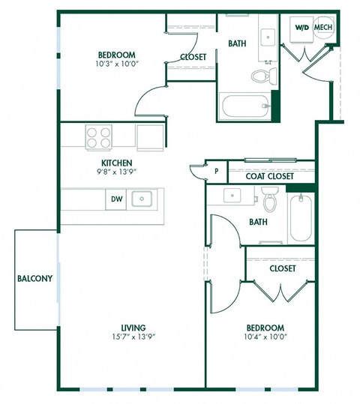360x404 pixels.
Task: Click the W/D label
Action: [301, 28]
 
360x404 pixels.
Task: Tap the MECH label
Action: [323, 28]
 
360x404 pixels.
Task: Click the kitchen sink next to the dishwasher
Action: [141, 199]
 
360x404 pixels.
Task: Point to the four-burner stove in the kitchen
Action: [97, 137]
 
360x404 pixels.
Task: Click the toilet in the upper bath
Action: [260, 76]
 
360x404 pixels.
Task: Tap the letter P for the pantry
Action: [216, 172]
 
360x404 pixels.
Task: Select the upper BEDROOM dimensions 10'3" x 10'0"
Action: [116, 65]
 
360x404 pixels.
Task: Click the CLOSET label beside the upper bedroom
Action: [194, 57]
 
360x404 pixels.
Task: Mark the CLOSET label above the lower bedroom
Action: [282, 268]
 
